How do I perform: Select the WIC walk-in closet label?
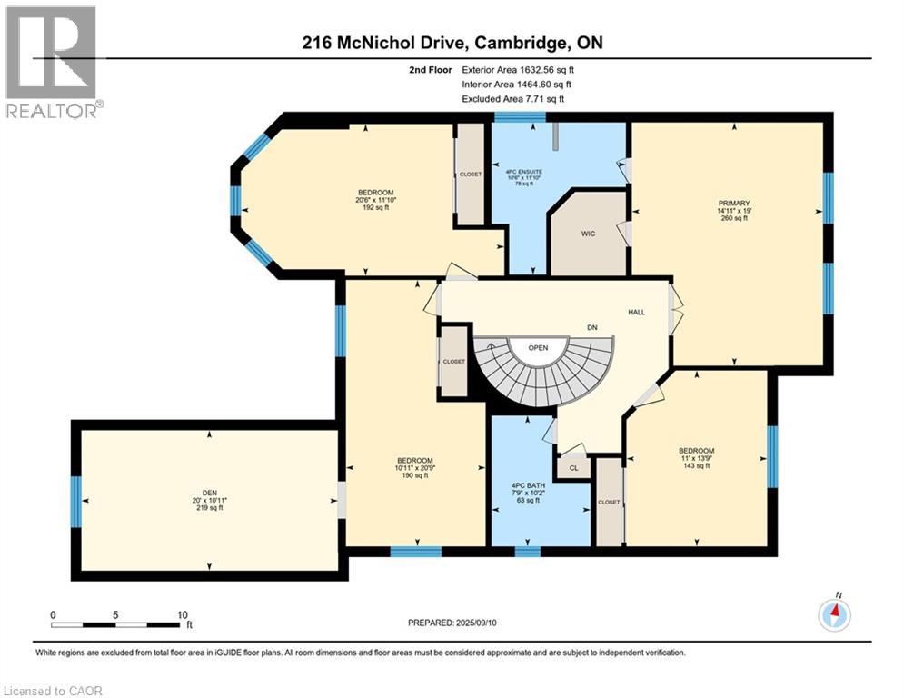(588, 234)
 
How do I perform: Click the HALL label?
(636, 312)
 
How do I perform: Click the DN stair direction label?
(591, 328)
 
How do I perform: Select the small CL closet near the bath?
(573, 468)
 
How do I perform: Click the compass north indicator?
(834, 614)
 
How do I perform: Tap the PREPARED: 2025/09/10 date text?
(457, 623)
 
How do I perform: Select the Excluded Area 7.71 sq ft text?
(512, 99)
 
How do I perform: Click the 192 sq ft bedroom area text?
(374, 207)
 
